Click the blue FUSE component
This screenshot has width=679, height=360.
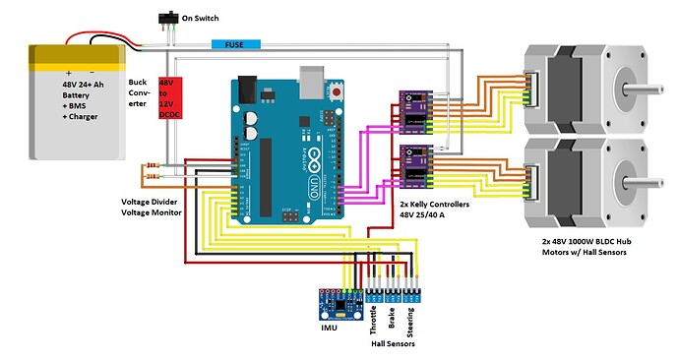(x=235, y=45)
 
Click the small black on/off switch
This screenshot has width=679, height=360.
(x=168, y=20)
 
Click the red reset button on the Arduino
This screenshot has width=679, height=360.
(x=339, y=91)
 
